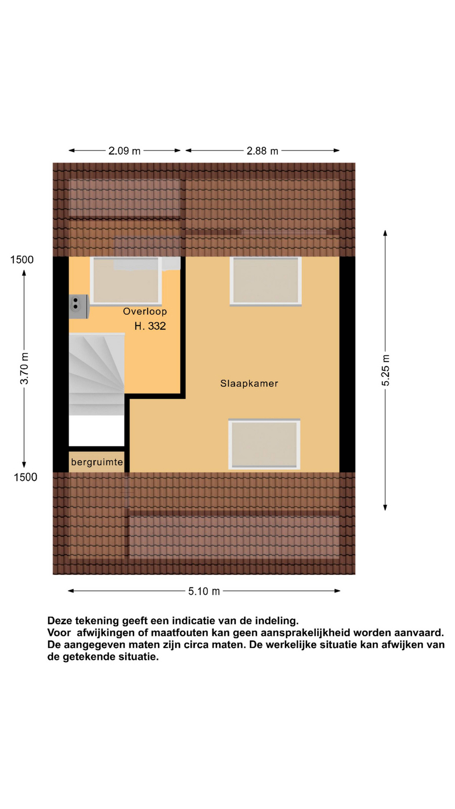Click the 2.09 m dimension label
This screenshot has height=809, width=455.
pos(124,151)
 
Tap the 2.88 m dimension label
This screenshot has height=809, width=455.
pos(262,151)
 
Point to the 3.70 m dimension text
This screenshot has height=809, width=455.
pos(24,368)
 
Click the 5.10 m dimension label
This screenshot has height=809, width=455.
pos(204,591)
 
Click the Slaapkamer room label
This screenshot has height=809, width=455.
pos(249,383)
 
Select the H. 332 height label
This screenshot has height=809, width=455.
pos(150,326)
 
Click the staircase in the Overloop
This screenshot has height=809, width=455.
pos(97,374)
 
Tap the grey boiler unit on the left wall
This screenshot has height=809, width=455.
pos(79,306)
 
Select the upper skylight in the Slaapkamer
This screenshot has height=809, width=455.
pos(266,281)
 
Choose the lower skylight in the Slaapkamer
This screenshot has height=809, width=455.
pos(264,444)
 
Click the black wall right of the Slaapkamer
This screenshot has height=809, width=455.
pos(347,364)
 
